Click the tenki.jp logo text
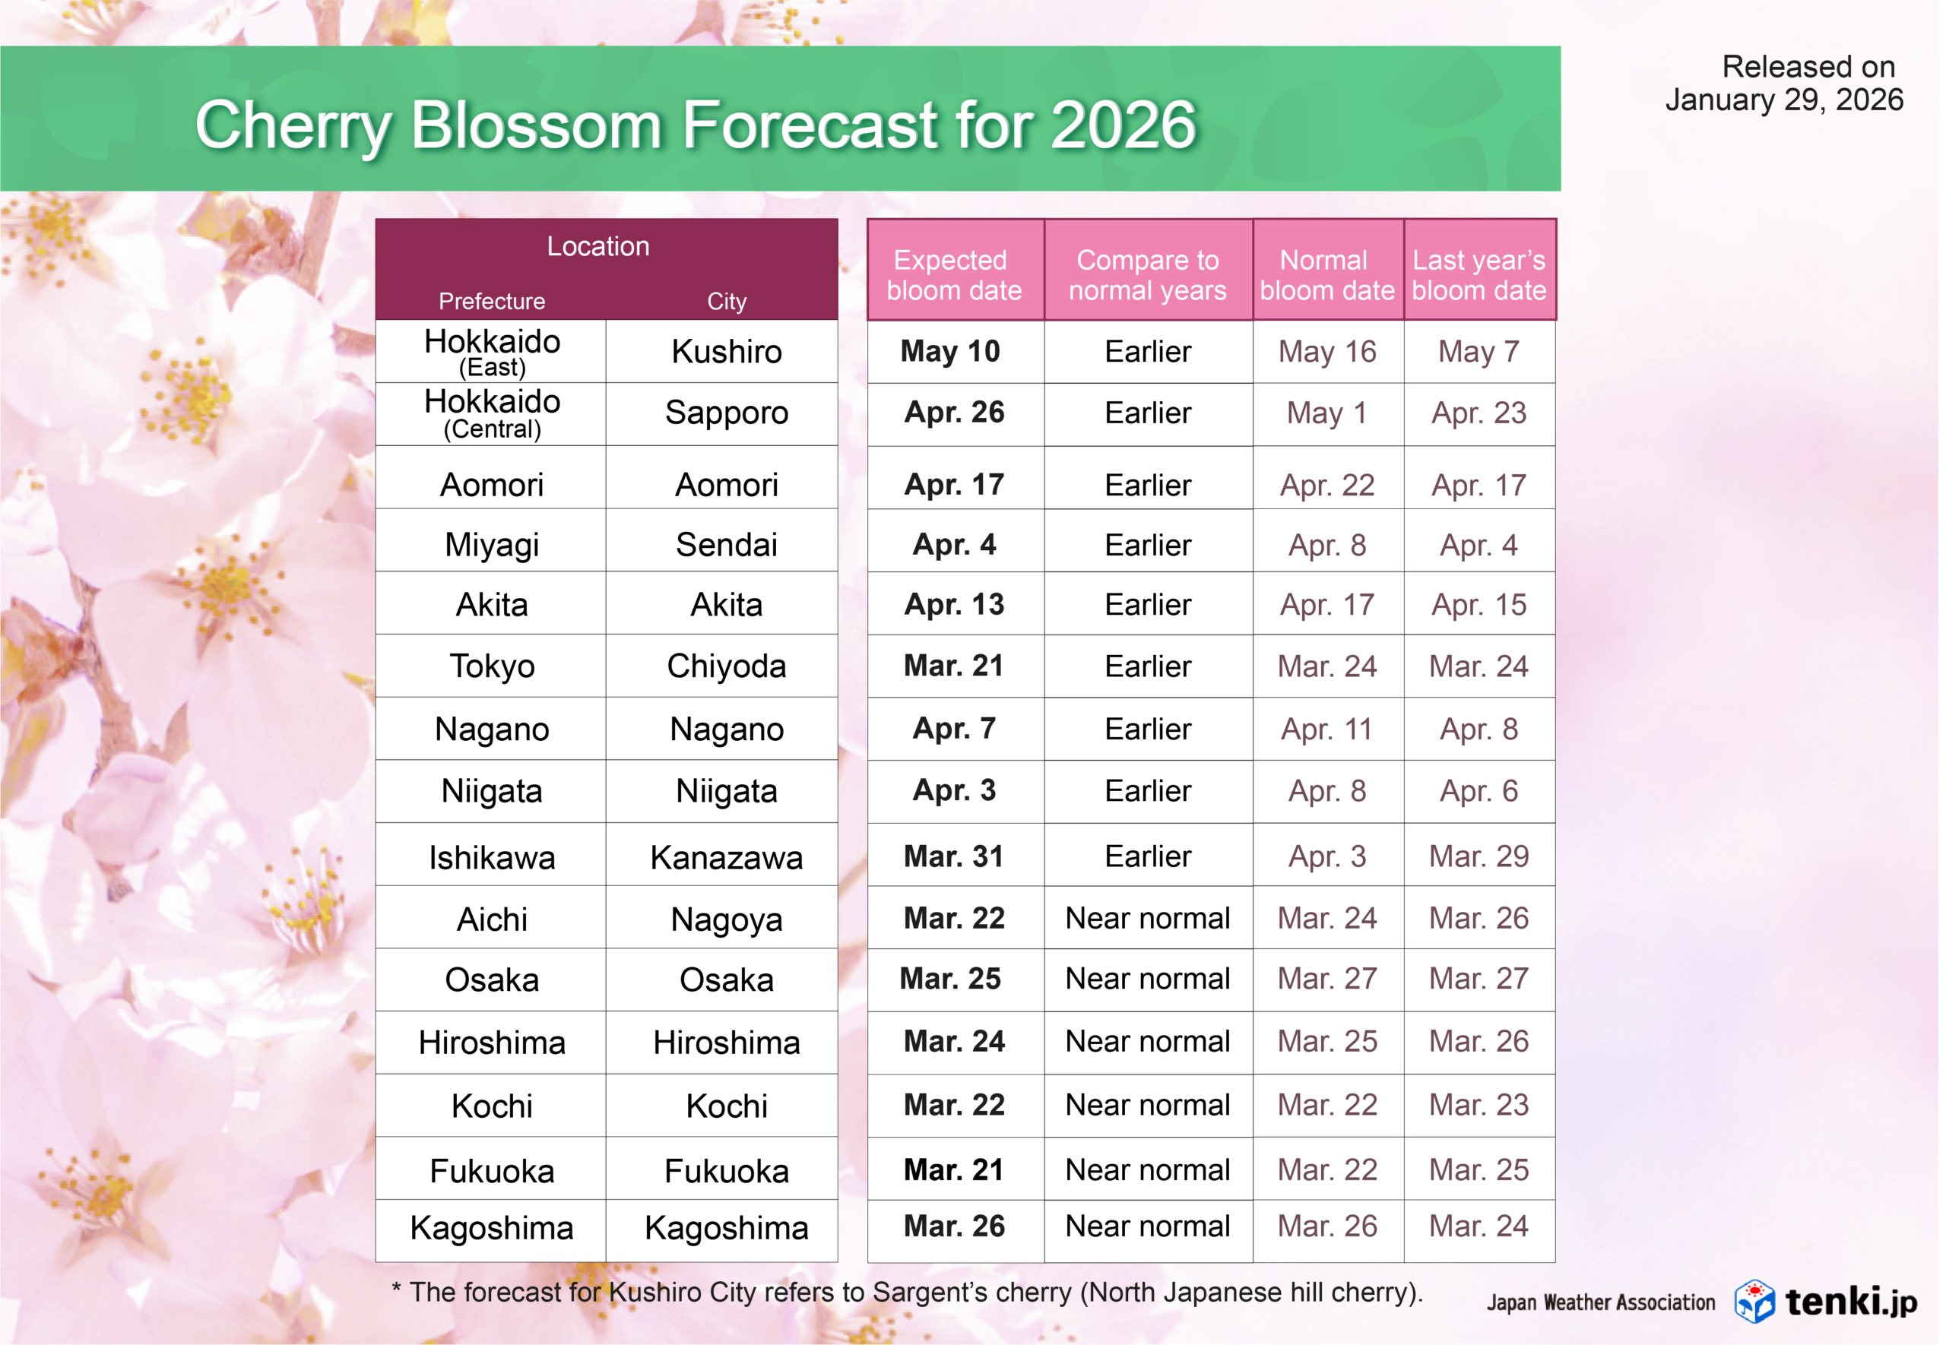click(x=1851, y=1302)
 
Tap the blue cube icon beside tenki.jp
click(x=1754, y=1301)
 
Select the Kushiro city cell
click(x=727, y=351)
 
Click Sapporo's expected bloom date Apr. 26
click(x=954, y=412)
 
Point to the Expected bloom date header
click(x=954, y=275)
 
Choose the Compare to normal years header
click(x=1147, y=275)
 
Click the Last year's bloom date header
click(x=1479, y=275)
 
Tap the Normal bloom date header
click(x=1326, y=275)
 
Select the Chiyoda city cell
click(x=727, y=666)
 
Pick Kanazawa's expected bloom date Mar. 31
click(x=954, y=856)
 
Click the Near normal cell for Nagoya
click(x=1147, y=918)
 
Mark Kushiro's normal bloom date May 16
click(x=1326, y=351)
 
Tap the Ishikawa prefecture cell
click(x=492, y=858)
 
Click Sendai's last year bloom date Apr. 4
click(x=1479, y=546)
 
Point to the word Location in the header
click(x=598, y=246)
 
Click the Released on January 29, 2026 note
click(x=1784, y=83)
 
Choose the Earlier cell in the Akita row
click(x=1147, y=604)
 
